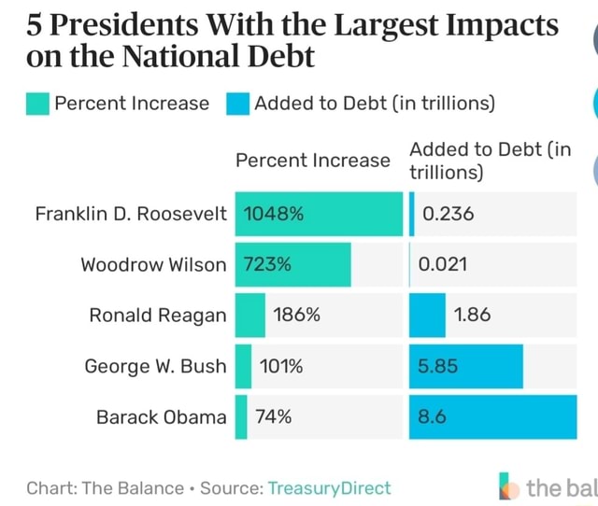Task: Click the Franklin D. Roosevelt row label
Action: coord(131,213)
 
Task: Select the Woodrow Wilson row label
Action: coord(153,264)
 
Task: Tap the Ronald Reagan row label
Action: coord(158,315)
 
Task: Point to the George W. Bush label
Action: coord(155,365)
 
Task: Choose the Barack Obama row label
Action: coord(162,416)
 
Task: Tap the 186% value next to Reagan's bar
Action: coord(296,315)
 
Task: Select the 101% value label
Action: coord(281,365)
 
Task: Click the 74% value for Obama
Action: coord(274,416)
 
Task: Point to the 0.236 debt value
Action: coord(448,213)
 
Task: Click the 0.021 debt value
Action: coord(443,264)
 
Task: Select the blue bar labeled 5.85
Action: coord(466,365)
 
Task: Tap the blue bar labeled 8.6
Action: coord(493,416)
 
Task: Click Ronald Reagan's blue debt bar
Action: coord(428,315)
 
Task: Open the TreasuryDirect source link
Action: coord(329,487)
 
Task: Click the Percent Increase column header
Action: coord(312,160)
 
